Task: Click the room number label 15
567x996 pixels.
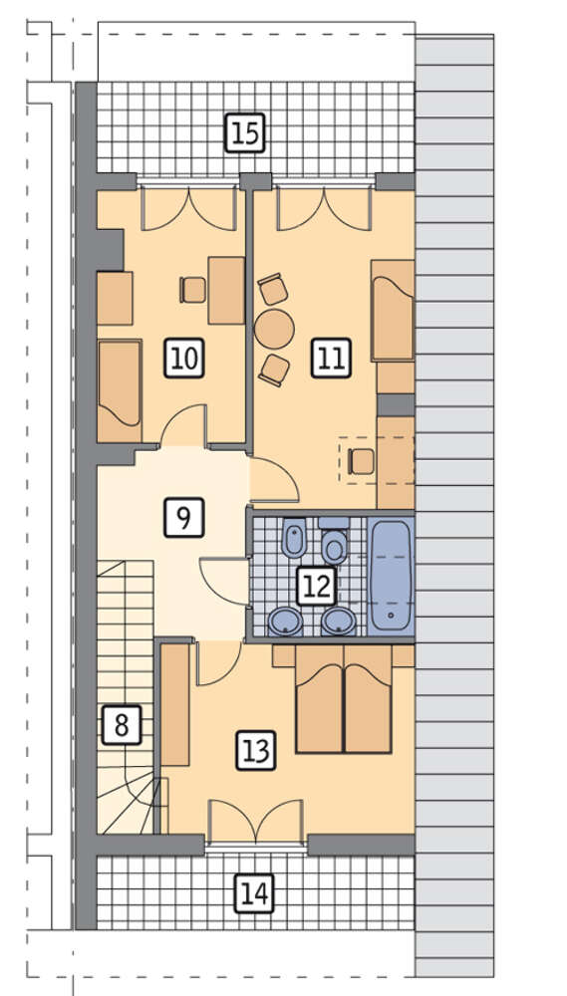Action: tap(245, 133)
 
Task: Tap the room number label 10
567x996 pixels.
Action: tap(184, 359)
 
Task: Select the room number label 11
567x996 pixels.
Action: tap(331, 359)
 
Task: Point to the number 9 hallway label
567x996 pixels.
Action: tap(183, 518)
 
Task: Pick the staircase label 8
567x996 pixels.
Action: tap(121, 724)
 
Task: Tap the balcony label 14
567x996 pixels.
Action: tap(254, 893)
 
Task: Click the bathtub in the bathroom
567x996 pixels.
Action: tap(391, 576)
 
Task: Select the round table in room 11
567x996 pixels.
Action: tap(274, 329)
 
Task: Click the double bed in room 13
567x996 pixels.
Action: tap(343, 699)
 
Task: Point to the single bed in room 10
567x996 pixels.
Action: tap(119, 391)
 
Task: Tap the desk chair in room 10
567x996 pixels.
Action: tap(193, 290)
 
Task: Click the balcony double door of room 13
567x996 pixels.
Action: tap(255, 823)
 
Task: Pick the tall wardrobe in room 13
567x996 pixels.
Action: tap(174, 705)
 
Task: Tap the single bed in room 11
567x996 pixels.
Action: tap(393, 310)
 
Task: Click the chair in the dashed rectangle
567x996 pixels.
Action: tap(362, 461)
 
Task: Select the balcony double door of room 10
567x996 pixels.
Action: tap(189, 209)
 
